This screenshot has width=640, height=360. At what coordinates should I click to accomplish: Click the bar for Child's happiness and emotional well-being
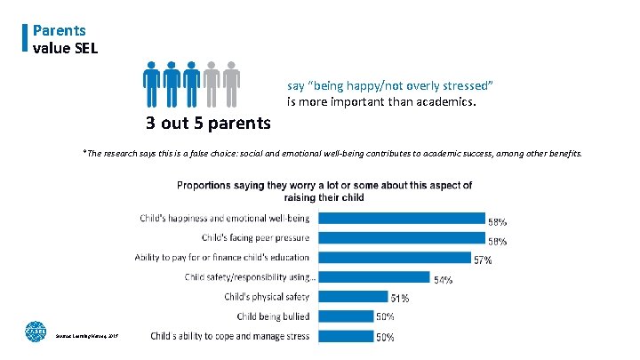pyautogui.click(x=400, y=219)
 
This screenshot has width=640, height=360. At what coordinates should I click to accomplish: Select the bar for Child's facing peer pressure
pyautogui.click(x=400, y=237)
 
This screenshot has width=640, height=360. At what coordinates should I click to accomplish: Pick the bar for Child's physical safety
pyautogui.click(x=353, y=296)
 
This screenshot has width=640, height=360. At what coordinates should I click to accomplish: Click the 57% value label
pyautogui.click(x=483, y=260)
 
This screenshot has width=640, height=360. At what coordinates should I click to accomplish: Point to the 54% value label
pyautogui.click(x=443, y=280)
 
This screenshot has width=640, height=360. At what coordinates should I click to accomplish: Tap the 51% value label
pyautogui.click(x=399, y=300)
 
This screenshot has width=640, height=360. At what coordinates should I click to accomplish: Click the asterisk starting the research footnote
pyautogui.click(x=84, y=152)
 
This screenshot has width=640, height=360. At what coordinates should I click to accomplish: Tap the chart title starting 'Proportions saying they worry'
pyautogui.click(x=324, y=191)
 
